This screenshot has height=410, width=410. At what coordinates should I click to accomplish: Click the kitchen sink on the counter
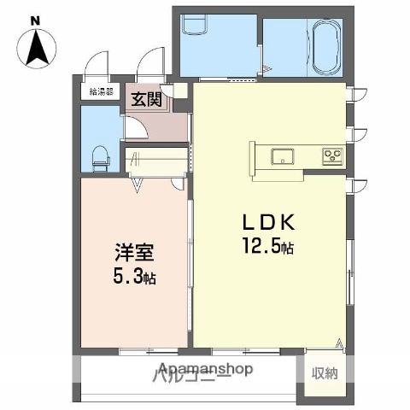pyautogui.click(x=282, y=156)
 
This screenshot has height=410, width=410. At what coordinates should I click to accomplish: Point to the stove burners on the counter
pyautogui.click(x=331, y=156)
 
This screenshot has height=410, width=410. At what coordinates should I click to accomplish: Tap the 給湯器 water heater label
pyautogui.click(x=100, y=91)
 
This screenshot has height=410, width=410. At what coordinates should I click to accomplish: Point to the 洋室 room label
pyautogui.click(x=134, y=254)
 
